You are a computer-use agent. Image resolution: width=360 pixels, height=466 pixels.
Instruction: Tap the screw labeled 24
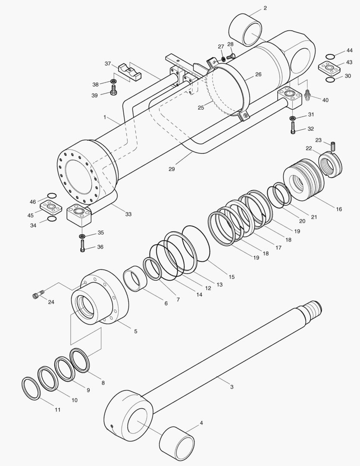[36, 296]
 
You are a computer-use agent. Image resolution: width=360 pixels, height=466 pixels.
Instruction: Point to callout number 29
[172, 169]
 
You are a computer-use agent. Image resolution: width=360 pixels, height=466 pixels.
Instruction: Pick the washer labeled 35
[81, 236]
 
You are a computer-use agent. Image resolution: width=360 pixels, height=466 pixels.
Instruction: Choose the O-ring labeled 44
[330, 57]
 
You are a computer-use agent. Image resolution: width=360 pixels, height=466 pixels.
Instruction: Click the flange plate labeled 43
[330, 68]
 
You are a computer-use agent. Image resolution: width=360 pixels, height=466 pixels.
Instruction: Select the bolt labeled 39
[113, 91]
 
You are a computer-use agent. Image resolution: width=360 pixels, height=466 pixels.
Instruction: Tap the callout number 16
[339, 209]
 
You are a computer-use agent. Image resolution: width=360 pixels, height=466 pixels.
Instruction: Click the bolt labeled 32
[293, 128]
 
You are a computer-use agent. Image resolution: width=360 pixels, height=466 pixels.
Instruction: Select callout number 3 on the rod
[232, 387]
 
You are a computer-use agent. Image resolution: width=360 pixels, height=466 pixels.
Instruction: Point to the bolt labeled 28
[231, 56]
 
